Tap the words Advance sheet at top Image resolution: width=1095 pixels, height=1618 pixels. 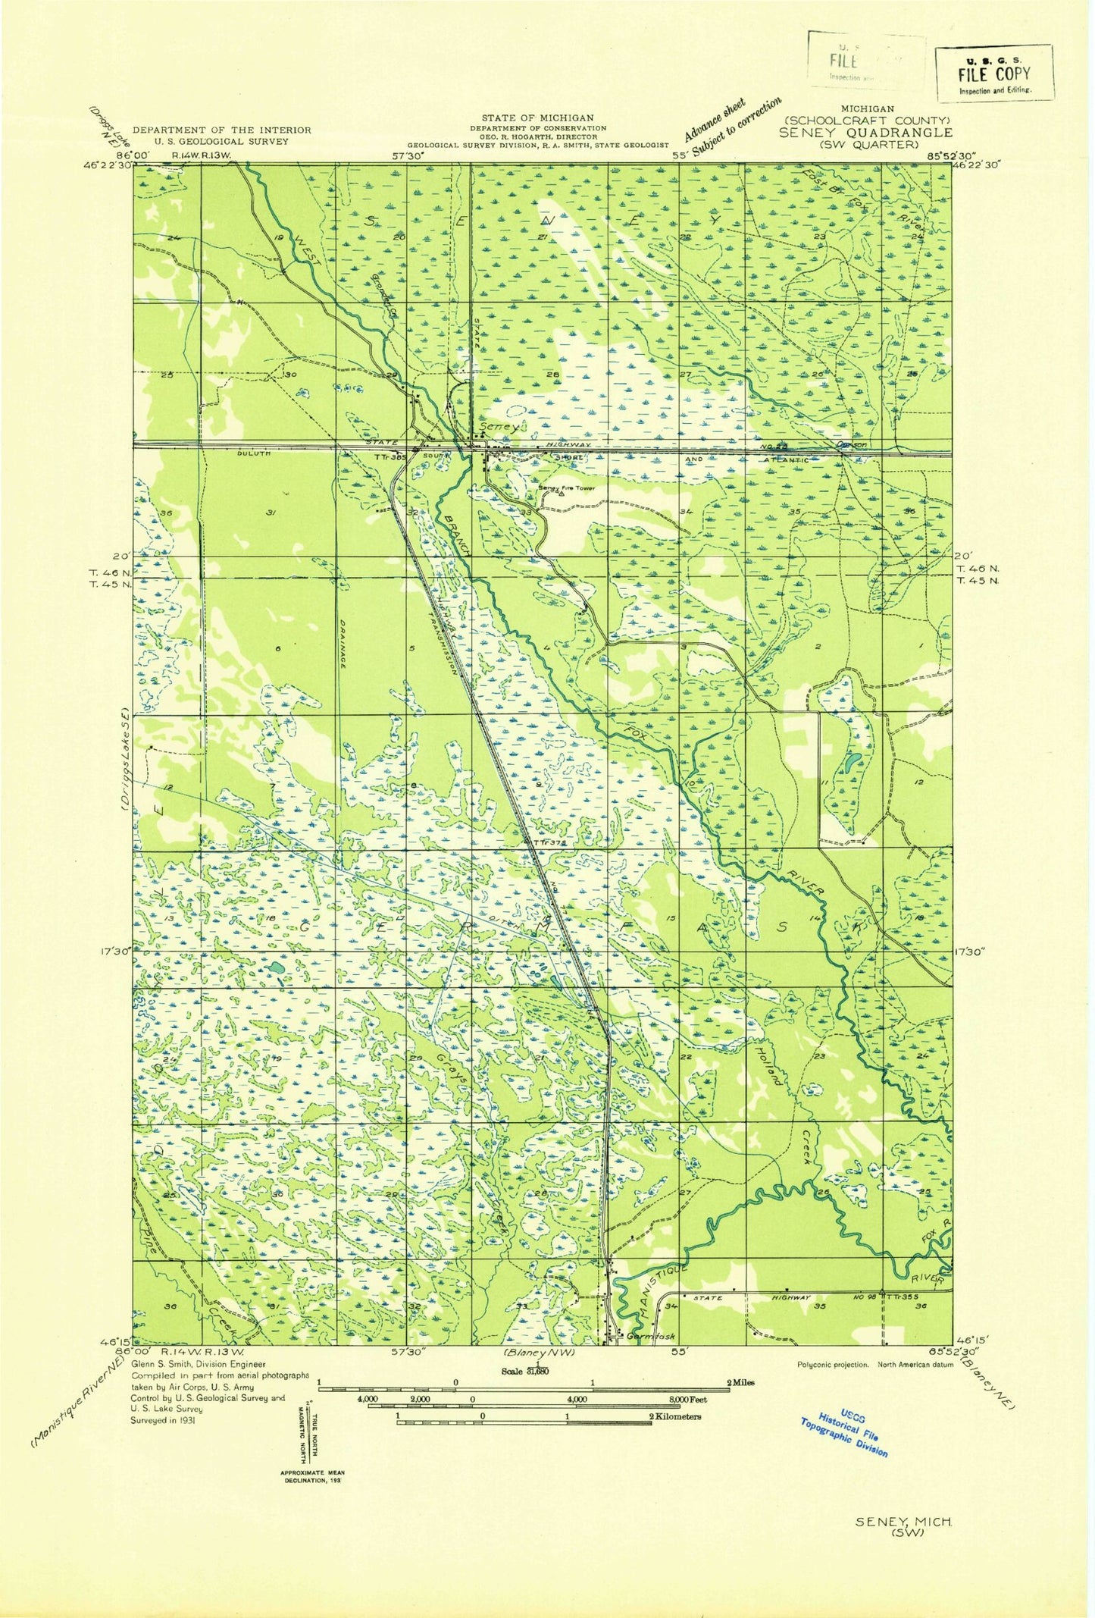click(x=715, y=120)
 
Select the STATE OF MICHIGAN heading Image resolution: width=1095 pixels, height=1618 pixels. click(x=537, y=117)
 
